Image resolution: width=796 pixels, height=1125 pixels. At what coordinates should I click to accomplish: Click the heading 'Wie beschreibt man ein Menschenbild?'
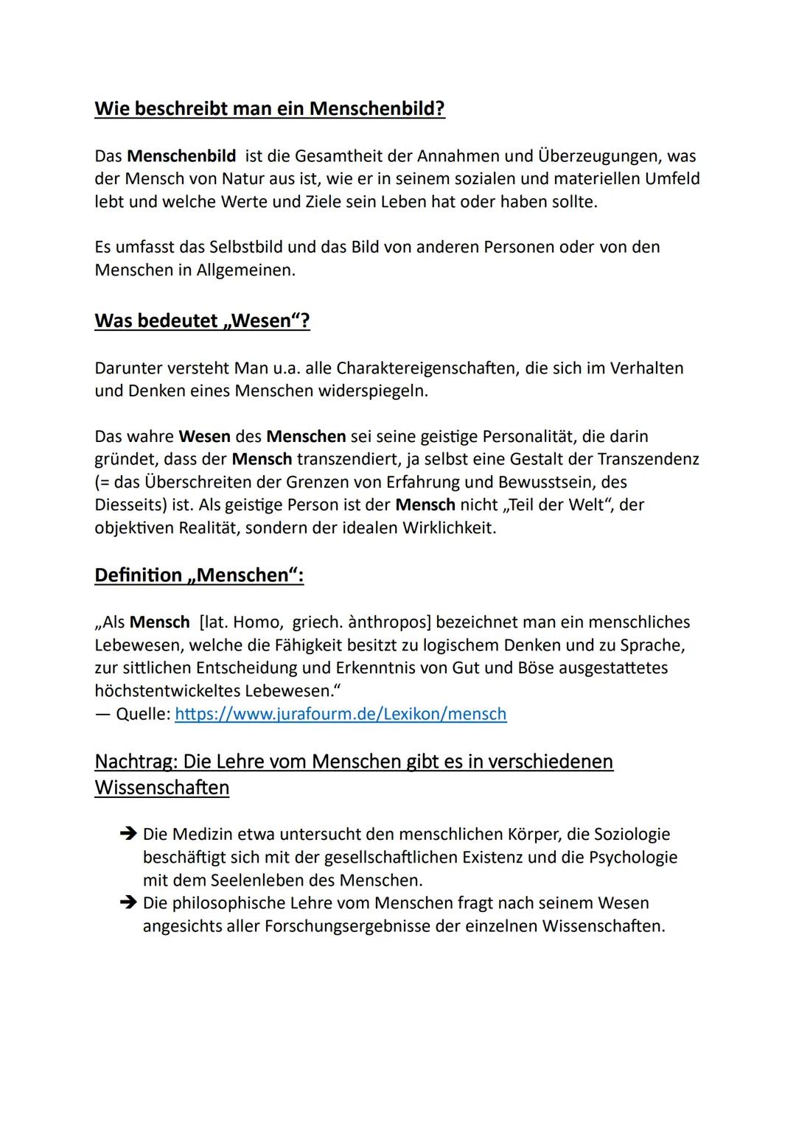point(270,109)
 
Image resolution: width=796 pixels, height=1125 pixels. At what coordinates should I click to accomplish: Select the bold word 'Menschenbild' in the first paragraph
point(181,156)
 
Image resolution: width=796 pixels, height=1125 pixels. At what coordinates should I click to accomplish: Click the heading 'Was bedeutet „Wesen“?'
point(202,321)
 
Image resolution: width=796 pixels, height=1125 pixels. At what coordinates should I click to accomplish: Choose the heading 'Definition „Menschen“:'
point(199,575)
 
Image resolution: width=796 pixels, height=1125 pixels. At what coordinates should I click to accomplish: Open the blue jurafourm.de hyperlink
point(341,714)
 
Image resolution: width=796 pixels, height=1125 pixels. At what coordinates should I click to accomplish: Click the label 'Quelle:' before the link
point(142,714)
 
